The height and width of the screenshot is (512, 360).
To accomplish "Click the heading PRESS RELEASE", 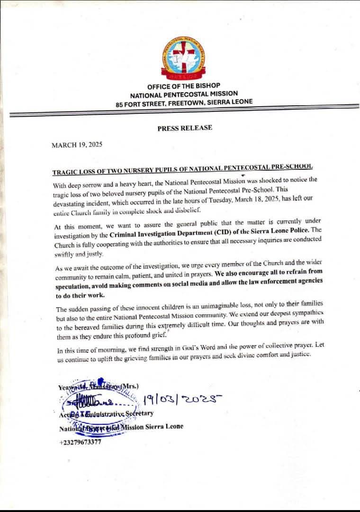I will pyautogui.click(x=185, y=128).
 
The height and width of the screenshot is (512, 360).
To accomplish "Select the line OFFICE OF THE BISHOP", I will pyautogui.click(x=184, y=86).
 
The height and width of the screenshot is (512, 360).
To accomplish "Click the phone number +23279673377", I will pyautogui.click(x=80, y=443).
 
